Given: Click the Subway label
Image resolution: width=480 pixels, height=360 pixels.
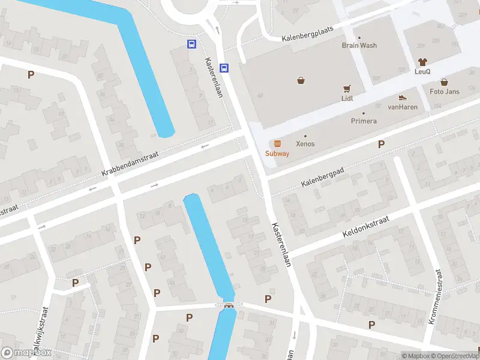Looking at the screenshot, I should pyautogui.click(x=277, y=154).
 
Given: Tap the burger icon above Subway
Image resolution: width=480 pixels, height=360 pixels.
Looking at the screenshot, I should pyautogui.click(x=277, y=143).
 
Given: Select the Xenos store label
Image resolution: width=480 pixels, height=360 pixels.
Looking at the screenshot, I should pyautogui.click(x=305, y=144).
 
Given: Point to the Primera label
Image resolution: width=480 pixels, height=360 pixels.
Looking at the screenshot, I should pyautogui.click(x=364, y=121).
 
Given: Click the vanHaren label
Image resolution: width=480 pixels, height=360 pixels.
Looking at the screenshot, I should pyautogui.click(x=402, y=107).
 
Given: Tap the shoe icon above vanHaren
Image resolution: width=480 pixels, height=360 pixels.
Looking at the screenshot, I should pyautogui.click(x=403, y=97).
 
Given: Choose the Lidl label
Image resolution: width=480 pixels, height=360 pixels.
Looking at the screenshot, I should pyautogui.click(x=347, y=98).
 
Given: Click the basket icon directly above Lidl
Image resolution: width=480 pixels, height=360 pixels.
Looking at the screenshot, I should pyautogui.click(x=347, y=88).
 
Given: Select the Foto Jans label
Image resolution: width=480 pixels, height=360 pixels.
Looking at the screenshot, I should pyautogui.click(x=445, y=91).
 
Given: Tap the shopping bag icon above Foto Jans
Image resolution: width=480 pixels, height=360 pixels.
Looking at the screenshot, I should pyautogui.click(x=445, y=82).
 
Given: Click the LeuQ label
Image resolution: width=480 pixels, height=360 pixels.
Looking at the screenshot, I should pyautogui.click(x=422, y=71).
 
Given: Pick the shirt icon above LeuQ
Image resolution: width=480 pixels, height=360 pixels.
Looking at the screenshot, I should pyautogui.click(x=422, y=62).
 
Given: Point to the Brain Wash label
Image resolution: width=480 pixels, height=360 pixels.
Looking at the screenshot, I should pyautogui.click(x=359, y=45).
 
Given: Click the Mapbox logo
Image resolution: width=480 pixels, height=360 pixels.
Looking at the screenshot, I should pyautogui.click(x=26, y=353).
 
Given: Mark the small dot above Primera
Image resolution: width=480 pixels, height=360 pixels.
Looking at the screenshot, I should pyautogui.click(x=364, y=113).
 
